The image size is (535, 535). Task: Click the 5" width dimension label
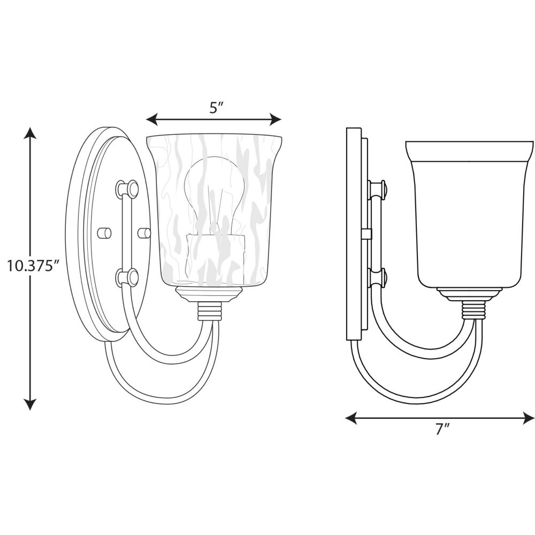pyautogui.click(x=216, y=108)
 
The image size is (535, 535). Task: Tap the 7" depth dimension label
pyautogui.click(x=441, y=429)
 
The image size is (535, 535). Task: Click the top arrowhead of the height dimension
pyautogui.click(x=30, y=133)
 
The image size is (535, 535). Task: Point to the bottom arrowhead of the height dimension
pyautogui.click(x=30, y=403)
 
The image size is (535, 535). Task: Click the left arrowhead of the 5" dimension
pyautogui.click(x=152, y=119)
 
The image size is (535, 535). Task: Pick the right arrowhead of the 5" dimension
pyautogui.click(x=276, y=119)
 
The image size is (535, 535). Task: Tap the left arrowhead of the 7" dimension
pyautogui.click(x=351, y=418)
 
